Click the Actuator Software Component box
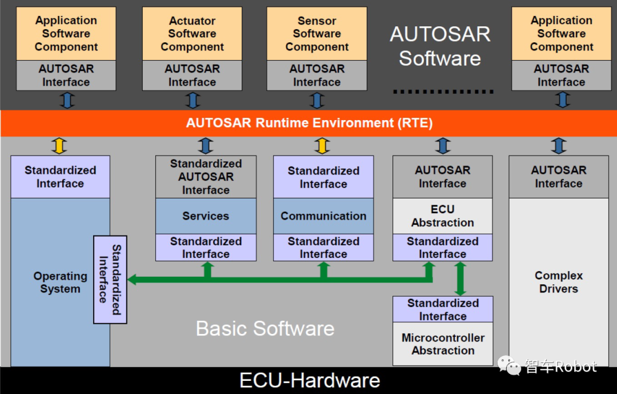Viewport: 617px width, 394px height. point(192,34)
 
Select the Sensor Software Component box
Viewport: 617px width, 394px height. point(316,34)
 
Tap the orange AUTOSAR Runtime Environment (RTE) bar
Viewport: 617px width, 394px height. point(308,123)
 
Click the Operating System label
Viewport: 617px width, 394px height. point(60,282)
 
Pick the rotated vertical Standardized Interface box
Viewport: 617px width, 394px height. point(110,280)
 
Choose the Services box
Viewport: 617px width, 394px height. point(206,216)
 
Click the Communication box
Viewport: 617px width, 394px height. point(323,216)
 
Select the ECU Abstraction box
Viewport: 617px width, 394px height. point(443,216)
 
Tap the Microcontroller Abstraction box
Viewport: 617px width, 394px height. point(443,344)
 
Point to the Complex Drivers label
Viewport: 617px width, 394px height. point(559,282)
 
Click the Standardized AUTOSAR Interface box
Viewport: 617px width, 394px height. point(206,177)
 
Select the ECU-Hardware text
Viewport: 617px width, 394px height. point(310,380)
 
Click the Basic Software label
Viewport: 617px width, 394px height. point(265,328)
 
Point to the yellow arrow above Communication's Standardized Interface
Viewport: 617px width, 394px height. point(322,146)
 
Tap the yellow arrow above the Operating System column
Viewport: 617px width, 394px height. point(59,146)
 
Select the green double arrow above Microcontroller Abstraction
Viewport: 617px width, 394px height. point(460,278)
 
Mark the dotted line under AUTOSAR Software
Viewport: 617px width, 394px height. point(443,92)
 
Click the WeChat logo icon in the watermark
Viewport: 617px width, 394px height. point(509,365)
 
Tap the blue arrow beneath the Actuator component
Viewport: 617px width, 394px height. point(193,101)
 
